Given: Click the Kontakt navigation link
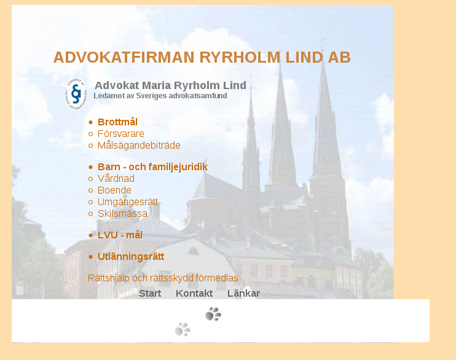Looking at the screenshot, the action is click(194, 293).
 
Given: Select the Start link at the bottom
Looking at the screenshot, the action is click(150, 293).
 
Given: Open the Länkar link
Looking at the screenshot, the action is click(243, 293).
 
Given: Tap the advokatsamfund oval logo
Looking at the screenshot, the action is click(76, 94).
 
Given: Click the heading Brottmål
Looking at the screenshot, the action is click(117, 122).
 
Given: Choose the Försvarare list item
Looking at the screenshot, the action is click(120, 134).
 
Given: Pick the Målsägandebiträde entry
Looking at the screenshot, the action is click(139, 146).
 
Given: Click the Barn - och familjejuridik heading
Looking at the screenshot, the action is click(152, 166).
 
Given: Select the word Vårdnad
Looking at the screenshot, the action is click(116, 178).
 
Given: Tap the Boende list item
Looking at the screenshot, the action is click(114, 190).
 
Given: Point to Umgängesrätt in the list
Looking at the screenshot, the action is click(128, 202).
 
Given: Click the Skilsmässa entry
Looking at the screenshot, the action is click(122, 213).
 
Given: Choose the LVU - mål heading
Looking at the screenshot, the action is click(120, 235).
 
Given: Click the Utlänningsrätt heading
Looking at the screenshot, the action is click(131, 256).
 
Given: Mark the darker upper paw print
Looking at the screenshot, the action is click(213, 314).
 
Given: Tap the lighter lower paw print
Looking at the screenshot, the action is click(183, 329).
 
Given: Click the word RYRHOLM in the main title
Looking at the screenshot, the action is click(240, 57).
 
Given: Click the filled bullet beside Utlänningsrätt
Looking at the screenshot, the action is click(91, 257).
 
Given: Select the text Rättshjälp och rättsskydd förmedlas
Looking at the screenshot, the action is click(163, 278).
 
